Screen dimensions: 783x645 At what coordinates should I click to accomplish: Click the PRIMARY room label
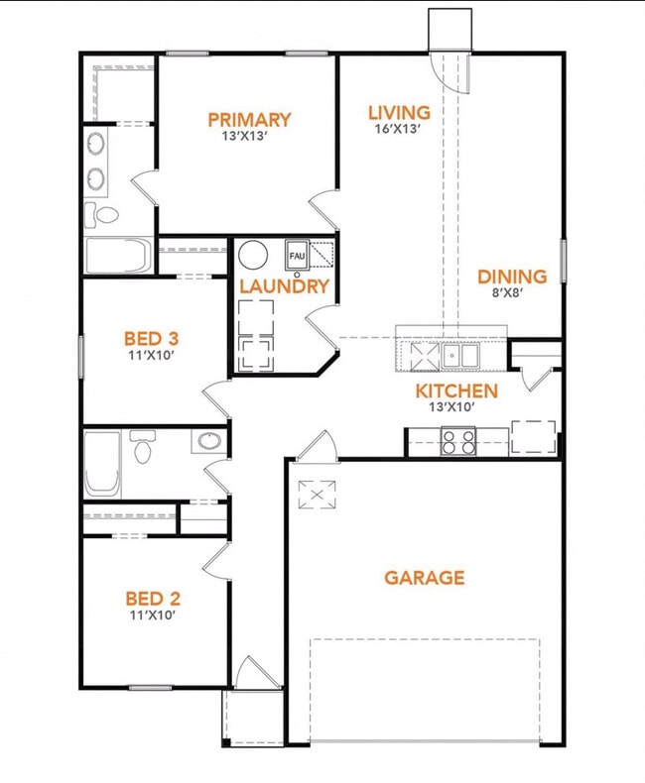249,120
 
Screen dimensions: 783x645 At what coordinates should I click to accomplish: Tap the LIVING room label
399,113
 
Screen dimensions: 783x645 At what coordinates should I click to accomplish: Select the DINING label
512,277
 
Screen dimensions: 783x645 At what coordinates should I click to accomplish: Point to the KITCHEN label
456,391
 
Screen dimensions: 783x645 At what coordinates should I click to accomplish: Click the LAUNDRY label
284,286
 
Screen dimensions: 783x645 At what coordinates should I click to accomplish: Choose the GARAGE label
424,577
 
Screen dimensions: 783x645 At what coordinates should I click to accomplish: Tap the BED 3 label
151,336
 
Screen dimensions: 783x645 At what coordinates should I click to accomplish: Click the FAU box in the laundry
297,255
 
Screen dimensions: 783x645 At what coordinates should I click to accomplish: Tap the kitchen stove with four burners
457,440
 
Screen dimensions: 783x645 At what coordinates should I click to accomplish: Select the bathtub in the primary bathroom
117,256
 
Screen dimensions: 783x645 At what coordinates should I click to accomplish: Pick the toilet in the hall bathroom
143,448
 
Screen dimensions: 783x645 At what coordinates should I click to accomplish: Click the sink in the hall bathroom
209,442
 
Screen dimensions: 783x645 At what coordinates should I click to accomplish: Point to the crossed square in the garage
319,493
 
